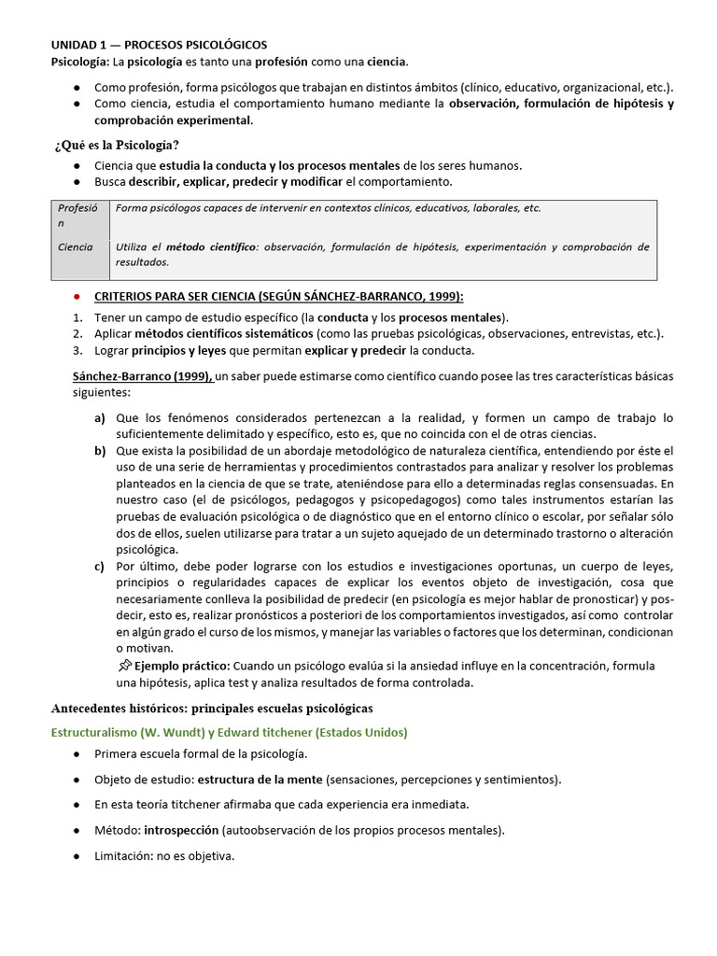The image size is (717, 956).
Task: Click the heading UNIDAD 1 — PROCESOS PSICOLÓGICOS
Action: tap(158, 45)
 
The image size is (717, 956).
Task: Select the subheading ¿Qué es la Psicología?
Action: tap(116, 144)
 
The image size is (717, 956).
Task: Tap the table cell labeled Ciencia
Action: tap(76, 247)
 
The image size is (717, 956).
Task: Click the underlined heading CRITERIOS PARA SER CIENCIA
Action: tap(279, 297)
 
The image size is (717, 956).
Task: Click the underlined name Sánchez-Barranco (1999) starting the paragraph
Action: tap(143, 375)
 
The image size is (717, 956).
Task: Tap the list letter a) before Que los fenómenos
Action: tap(99, 417)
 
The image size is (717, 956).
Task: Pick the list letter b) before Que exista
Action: tap(99, 451)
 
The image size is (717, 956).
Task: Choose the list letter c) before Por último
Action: tap(99, 567)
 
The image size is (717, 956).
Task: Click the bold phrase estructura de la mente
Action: tap(259, 780)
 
